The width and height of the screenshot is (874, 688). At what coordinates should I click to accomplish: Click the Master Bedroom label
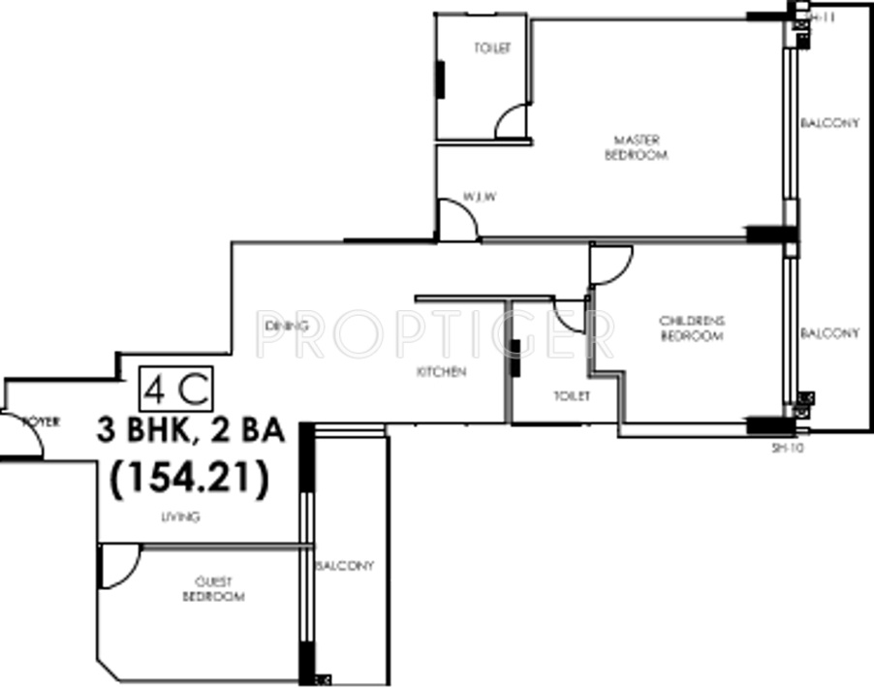pyautogui.click(x=636, y=147)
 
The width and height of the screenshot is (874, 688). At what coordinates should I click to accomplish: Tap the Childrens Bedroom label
pyautogui.click(x=692, y=328)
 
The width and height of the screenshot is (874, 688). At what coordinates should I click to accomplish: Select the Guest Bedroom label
pyautogui.click(x=212, y=589)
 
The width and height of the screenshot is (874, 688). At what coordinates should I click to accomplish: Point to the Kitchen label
pyautogui.click(x=442, y=372)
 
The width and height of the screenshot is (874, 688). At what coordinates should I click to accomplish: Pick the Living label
pyautogui.click(x=180, y=517)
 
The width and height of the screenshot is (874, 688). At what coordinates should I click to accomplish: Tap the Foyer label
pyautogui.click(x=42, y=422)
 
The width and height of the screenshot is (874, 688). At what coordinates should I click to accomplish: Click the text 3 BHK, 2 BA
pyautogui.click(x=191, y=429)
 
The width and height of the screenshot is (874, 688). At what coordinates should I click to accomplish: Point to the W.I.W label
pyautogui.click(x=480, y=198)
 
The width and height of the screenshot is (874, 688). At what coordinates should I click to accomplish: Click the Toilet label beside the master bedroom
pyautogui.click(x=492, y=48)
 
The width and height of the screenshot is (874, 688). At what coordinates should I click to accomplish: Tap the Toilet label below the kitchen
pyautogui.click(x=572, y=396)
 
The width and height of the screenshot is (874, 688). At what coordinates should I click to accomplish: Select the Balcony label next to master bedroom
pyautogui.click(x=829, y=123)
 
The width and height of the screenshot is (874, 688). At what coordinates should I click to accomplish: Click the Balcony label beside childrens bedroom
pyautogui.click(x=829, y=333)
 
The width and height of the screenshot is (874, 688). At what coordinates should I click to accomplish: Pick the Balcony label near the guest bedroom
pyautogui.click(x=344, y=566)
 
